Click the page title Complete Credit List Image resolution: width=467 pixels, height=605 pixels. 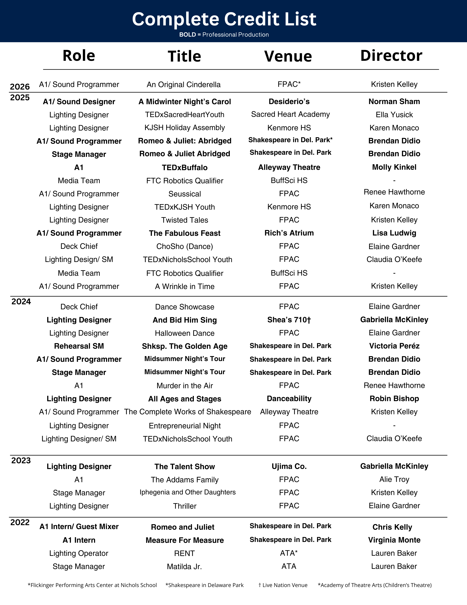224,19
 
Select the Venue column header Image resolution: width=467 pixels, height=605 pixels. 288,56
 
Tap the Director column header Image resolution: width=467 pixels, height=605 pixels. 391,56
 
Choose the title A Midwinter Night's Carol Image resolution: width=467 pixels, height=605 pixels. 184,102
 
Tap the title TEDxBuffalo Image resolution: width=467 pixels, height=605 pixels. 184,168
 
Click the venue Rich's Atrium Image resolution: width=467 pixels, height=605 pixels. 289,233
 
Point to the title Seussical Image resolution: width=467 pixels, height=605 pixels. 184,194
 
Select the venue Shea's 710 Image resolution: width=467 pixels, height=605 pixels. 289,320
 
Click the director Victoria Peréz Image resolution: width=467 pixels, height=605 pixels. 394,346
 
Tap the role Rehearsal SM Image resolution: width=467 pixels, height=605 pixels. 79,346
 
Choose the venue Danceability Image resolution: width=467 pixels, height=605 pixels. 289,399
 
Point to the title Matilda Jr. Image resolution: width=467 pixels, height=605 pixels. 184,567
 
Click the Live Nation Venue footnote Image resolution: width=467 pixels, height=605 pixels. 283,585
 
